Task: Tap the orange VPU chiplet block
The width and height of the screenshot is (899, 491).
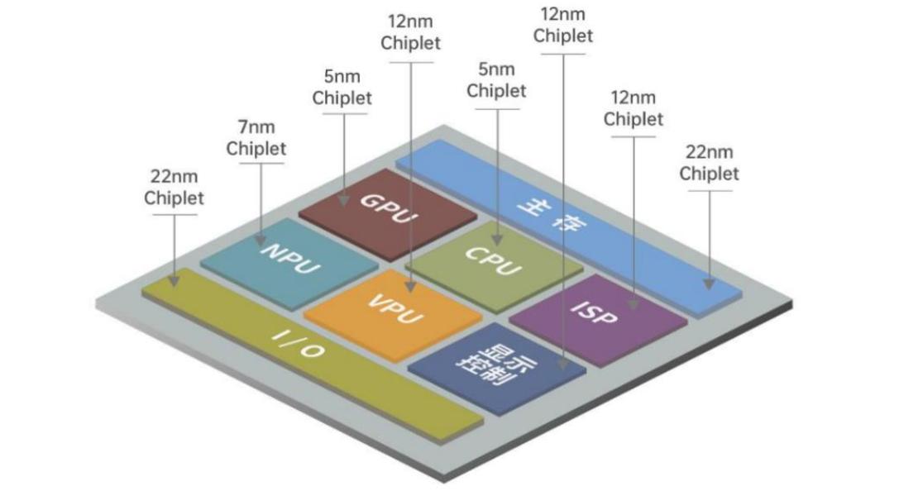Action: pyautogui.click(x=394, y=312)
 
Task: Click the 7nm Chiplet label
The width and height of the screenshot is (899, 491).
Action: pyautogui.click(x=256, y=138)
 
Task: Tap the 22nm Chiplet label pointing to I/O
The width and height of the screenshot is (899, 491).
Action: pyautogui.click(x=174, y=188)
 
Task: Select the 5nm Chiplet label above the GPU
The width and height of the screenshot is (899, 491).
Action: pyautogui.click(x=342, y=88)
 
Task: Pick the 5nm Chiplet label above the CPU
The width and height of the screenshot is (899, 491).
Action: pyautogui.click(x=496, y=80)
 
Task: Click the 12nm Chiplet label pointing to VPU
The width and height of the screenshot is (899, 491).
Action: pyautogui.click(x=411, y=31)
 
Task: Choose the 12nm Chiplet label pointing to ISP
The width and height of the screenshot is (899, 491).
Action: pyautogui.click(x=634, y=108)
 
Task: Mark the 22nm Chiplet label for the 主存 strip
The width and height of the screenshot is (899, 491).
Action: pyautogui.click(x=709, y=163)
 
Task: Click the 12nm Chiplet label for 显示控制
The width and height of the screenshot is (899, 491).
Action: pyautogui.click(x=563, y=26)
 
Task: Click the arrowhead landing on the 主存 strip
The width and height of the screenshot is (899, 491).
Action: pyautogui.click(x=709, y=283)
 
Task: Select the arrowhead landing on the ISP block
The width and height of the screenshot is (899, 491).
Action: pyautogui.click(x=634, y=305)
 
